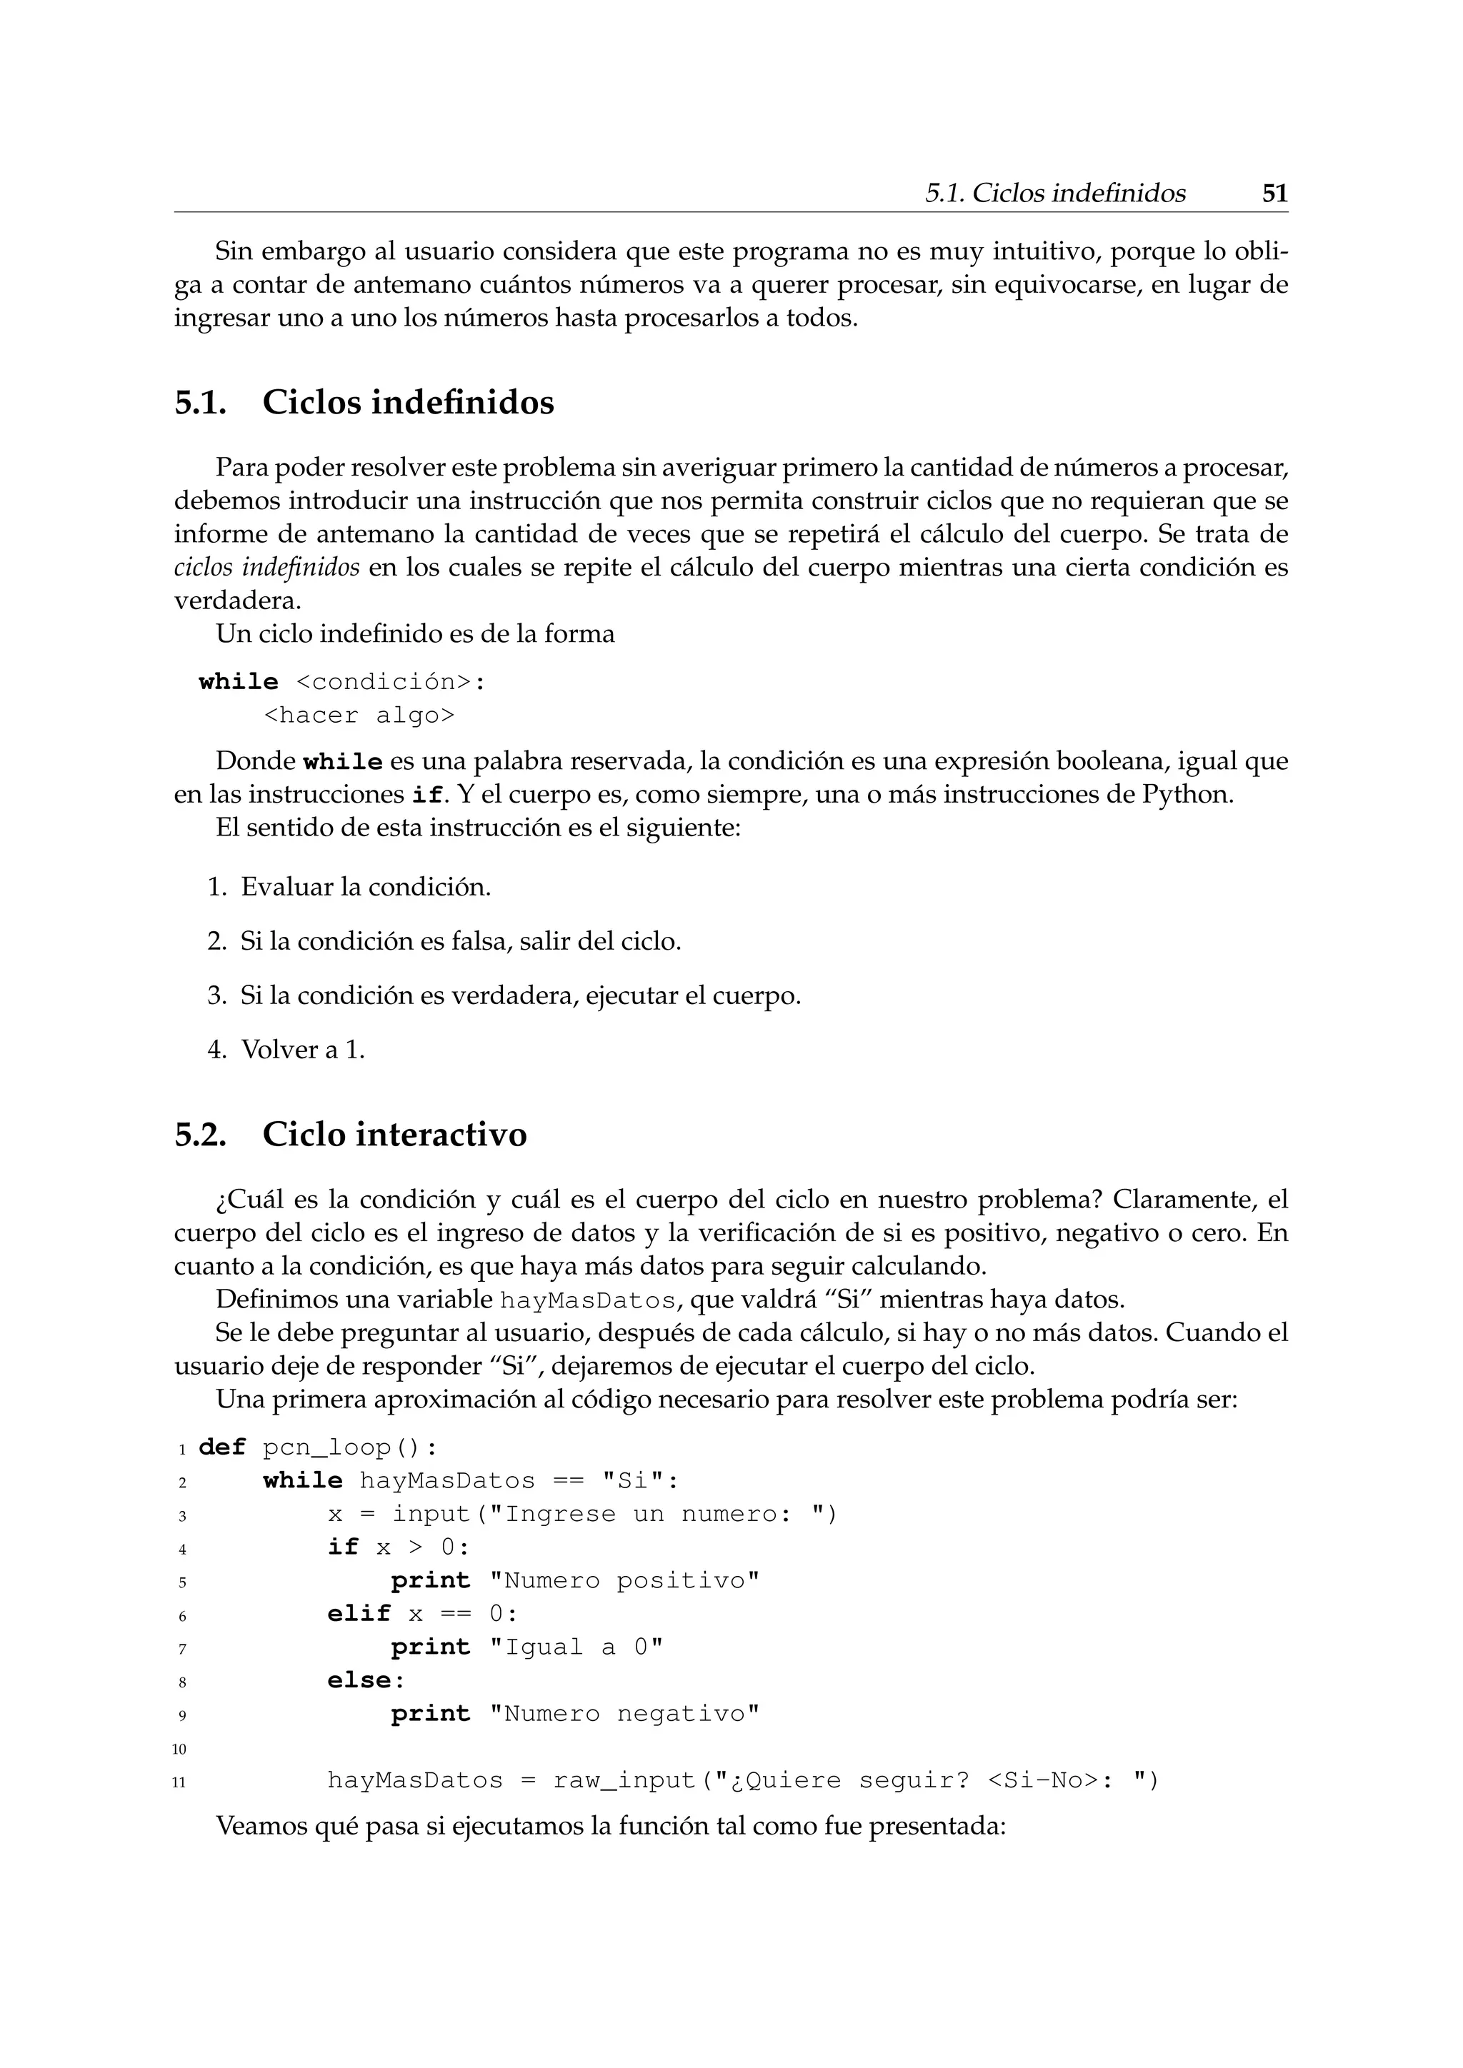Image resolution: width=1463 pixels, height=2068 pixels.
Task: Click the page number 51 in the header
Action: tap(1274, 194)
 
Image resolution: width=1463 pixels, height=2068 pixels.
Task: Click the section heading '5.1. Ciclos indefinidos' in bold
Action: tap(363, 402)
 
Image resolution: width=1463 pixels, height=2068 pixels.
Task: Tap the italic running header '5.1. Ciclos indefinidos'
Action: tap(1055, 194)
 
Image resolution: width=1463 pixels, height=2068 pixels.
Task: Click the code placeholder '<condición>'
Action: tap(383, 682)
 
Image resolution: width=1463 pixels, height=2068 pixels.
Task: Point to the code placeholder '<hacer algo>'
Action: tap(359, 715)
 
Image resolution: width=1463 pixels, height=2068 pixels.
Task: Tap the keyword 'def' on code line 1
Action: tap(221, 1447)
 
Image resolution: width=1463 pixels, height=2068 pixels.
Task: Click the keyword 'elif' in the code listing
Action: tap(359, 1613)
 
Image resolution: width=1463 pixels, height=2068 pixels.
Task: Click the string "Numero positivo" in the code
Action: tap(624, 1581)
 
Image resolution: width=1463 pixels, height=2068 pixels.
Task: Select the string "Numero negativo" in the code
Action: tap(624, 1713)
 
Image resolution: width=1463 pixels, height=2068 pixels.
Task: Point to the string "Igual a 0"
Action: tap(576, 1647)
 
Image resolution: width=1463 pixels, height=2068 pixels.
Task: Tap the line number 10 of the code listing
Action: tap(179, 1749)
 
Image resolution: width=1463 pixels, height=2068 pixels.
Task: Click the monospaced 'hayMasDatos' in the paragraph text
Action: tap(587, 1300)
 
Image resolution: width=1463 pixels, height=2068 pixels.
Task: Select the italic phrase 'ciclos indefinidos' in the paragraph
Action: tap(266, 568)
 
